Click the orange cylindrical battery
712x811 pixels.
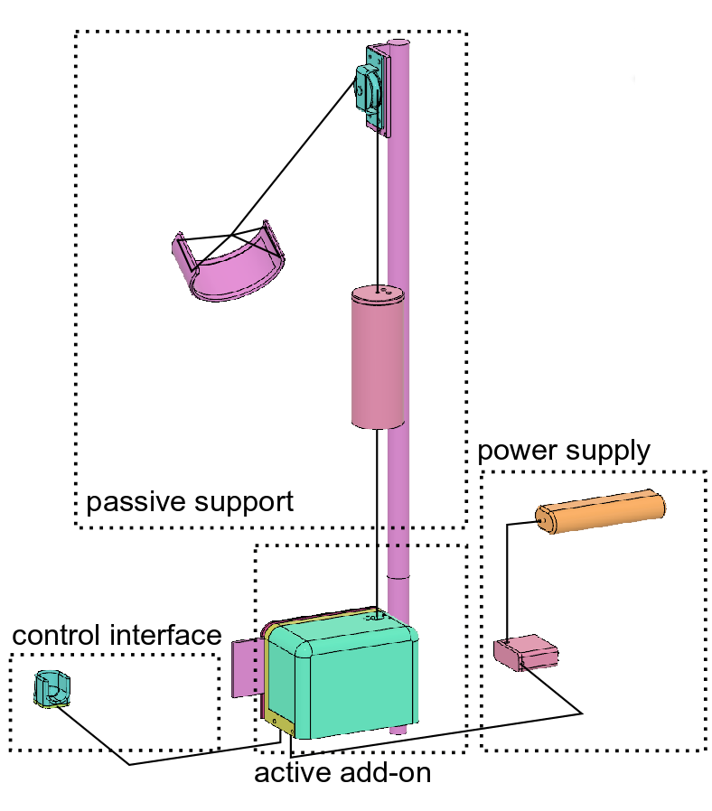coord(600,512)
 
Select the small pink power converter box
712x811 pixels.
coord(527,653)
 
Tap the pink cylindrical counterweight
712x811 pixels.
coord(377,361)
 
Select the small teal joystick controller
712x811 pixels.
coord(51,689)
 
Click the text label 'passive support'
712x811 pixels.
coord(190,501)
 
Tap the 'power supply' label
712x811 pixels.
coord(563,451)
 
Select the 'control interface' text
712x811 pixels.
coord(117,636)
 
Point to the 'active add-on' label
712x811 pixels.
coord(342,773)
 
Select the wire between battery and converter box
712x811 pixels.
coord(508,578)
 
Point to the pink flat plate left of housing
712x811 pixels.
coord(246,668)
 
